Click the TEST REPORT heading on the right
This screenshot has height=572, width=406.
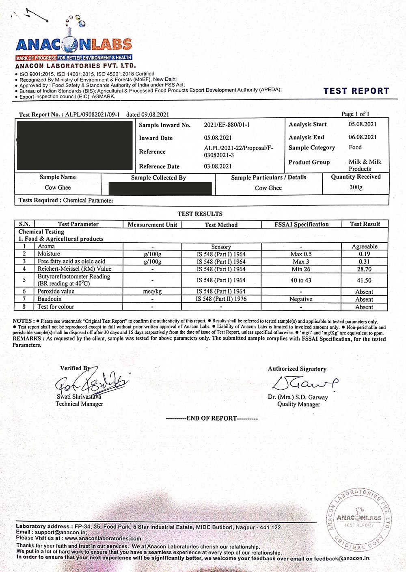coord(356,91)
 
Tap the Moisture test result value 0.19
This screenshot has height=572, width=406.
coord(364,254)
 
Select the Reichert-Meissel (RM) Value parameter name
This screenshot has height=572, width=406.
coord(74,269)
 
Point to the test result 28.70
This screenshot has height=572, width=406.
coord(364,269)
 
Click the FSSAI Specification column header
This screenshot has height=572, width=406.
coord(301,224)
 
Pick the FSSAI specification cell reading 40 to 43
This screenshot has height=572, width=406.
coord(301,280)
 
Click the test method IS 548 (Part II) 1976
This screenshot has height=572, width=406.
coord(221,299)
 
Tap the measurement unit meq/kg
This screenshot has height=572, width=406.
coord(152,291)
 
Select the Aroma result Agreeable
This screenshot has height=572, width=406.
coord(364,246)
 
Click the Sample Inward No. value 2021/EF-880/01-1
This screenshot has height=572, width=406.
coord(227,125)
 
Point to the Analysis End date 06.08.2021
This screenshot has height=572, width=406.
coord(362,137)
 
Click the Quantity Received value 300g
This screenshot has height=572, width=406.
coord(356,187)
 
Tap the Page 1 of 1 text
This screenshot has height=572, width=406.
coord(355,114)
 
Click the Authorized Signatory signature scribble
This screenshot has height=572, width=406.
coord(304,383)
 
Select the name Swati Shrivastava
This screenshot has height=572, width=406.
coord(79,397)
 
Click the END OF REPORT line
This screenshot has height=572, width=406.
coord(212,418)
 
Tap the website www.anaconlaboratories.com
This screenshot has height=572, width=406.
coord(103,538)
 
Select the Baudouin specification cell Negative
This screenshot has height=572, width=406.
coord(301,299)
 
